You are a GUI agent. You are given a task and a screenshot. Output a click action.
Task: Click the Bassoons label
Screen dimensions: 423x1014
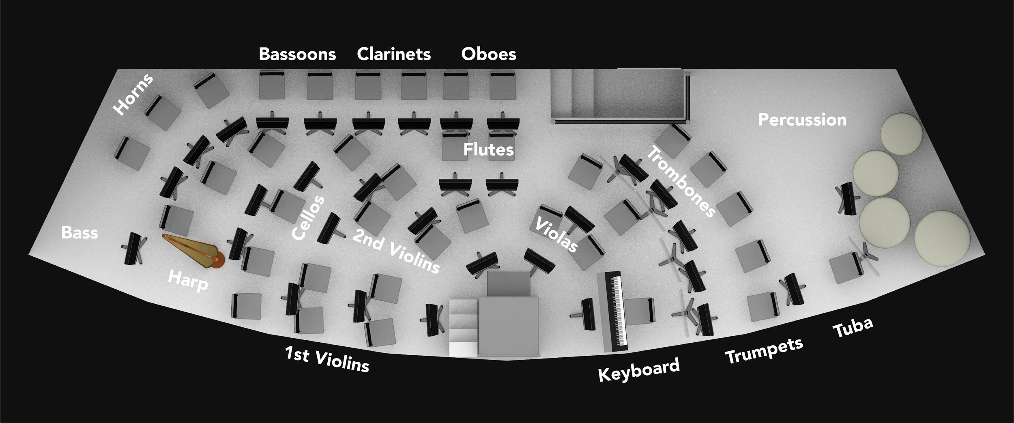click(297, 54)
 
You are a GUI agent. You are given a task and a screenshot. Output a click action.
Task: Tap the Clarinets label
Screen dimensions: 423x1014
click(393, 54)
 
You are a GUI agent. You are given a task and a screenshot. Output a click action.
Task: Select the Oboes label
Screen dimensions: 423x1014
click(489, 54)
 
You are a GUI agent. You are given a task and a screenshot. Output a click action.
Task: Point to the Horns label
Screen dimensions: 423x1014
click(133, 94)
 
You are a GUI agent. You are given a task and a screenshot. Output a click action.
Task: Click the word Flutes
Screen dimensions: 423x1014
click(488, 150)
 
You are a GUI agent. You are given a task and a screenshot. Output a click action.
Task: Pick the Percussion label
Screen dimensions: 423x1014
click(802, 120)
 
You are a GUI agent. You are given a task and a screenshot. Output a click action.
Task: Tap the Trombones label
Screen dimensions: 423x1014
click(680, 183)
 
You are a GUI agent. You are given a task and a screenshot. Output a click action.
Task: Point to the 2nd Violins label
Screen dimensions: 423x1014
click(395, 251)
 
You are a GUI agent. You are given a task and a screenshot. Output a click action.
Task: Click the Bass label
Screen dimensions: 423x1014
click(79, 233)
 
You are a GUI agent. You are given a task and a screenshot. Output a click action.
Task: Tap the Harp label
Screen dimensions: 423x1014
click(188, 280)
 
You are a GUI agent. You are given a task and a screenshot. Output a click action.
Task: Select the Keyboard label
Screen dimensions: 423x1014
click(639, 369)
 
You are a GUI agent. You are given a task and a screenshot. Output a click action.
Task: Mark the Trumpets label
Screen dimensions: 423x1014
click(764, 350)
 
